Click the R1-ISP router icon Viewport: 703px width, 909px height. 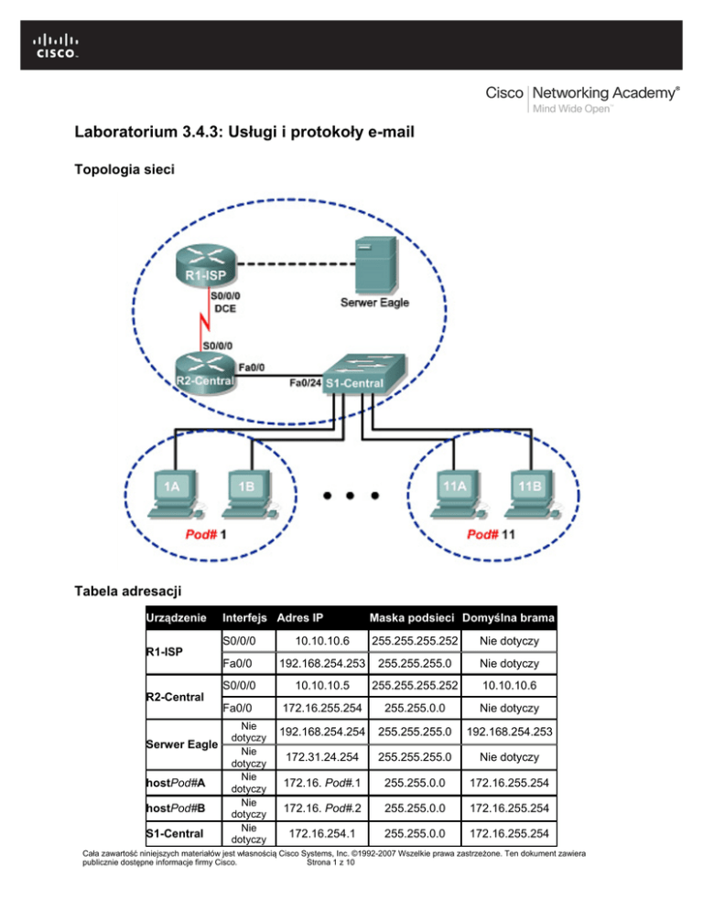point(206,264)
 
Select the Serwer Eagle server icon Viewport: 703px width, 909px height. point(376,265)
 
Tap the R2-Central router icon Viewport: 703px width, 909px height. point(206,374)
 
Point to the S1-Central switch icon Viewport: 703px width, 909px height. point(363,374)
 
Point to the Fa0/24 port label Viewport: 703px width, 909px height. point(306,382)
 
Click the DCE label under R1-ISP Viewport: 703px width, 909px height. point(225,308)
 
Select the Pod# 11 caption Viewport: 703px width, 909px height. point(491,534)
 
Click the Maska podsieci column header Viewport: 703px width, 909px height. point(412,618)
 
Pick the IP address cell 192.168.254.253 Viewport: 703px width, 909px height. point(322,663)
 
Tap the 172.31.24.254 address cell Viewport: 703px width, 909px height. point(322,757)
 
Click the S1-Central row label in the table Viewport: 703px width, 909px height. point(175,834)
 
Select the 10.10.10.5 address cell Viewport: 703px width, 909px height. point(322,685)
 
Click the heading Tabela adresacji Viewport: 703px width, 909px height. point(128,591)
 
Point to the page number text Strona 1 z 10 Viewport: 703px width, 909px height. point(330,862)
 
